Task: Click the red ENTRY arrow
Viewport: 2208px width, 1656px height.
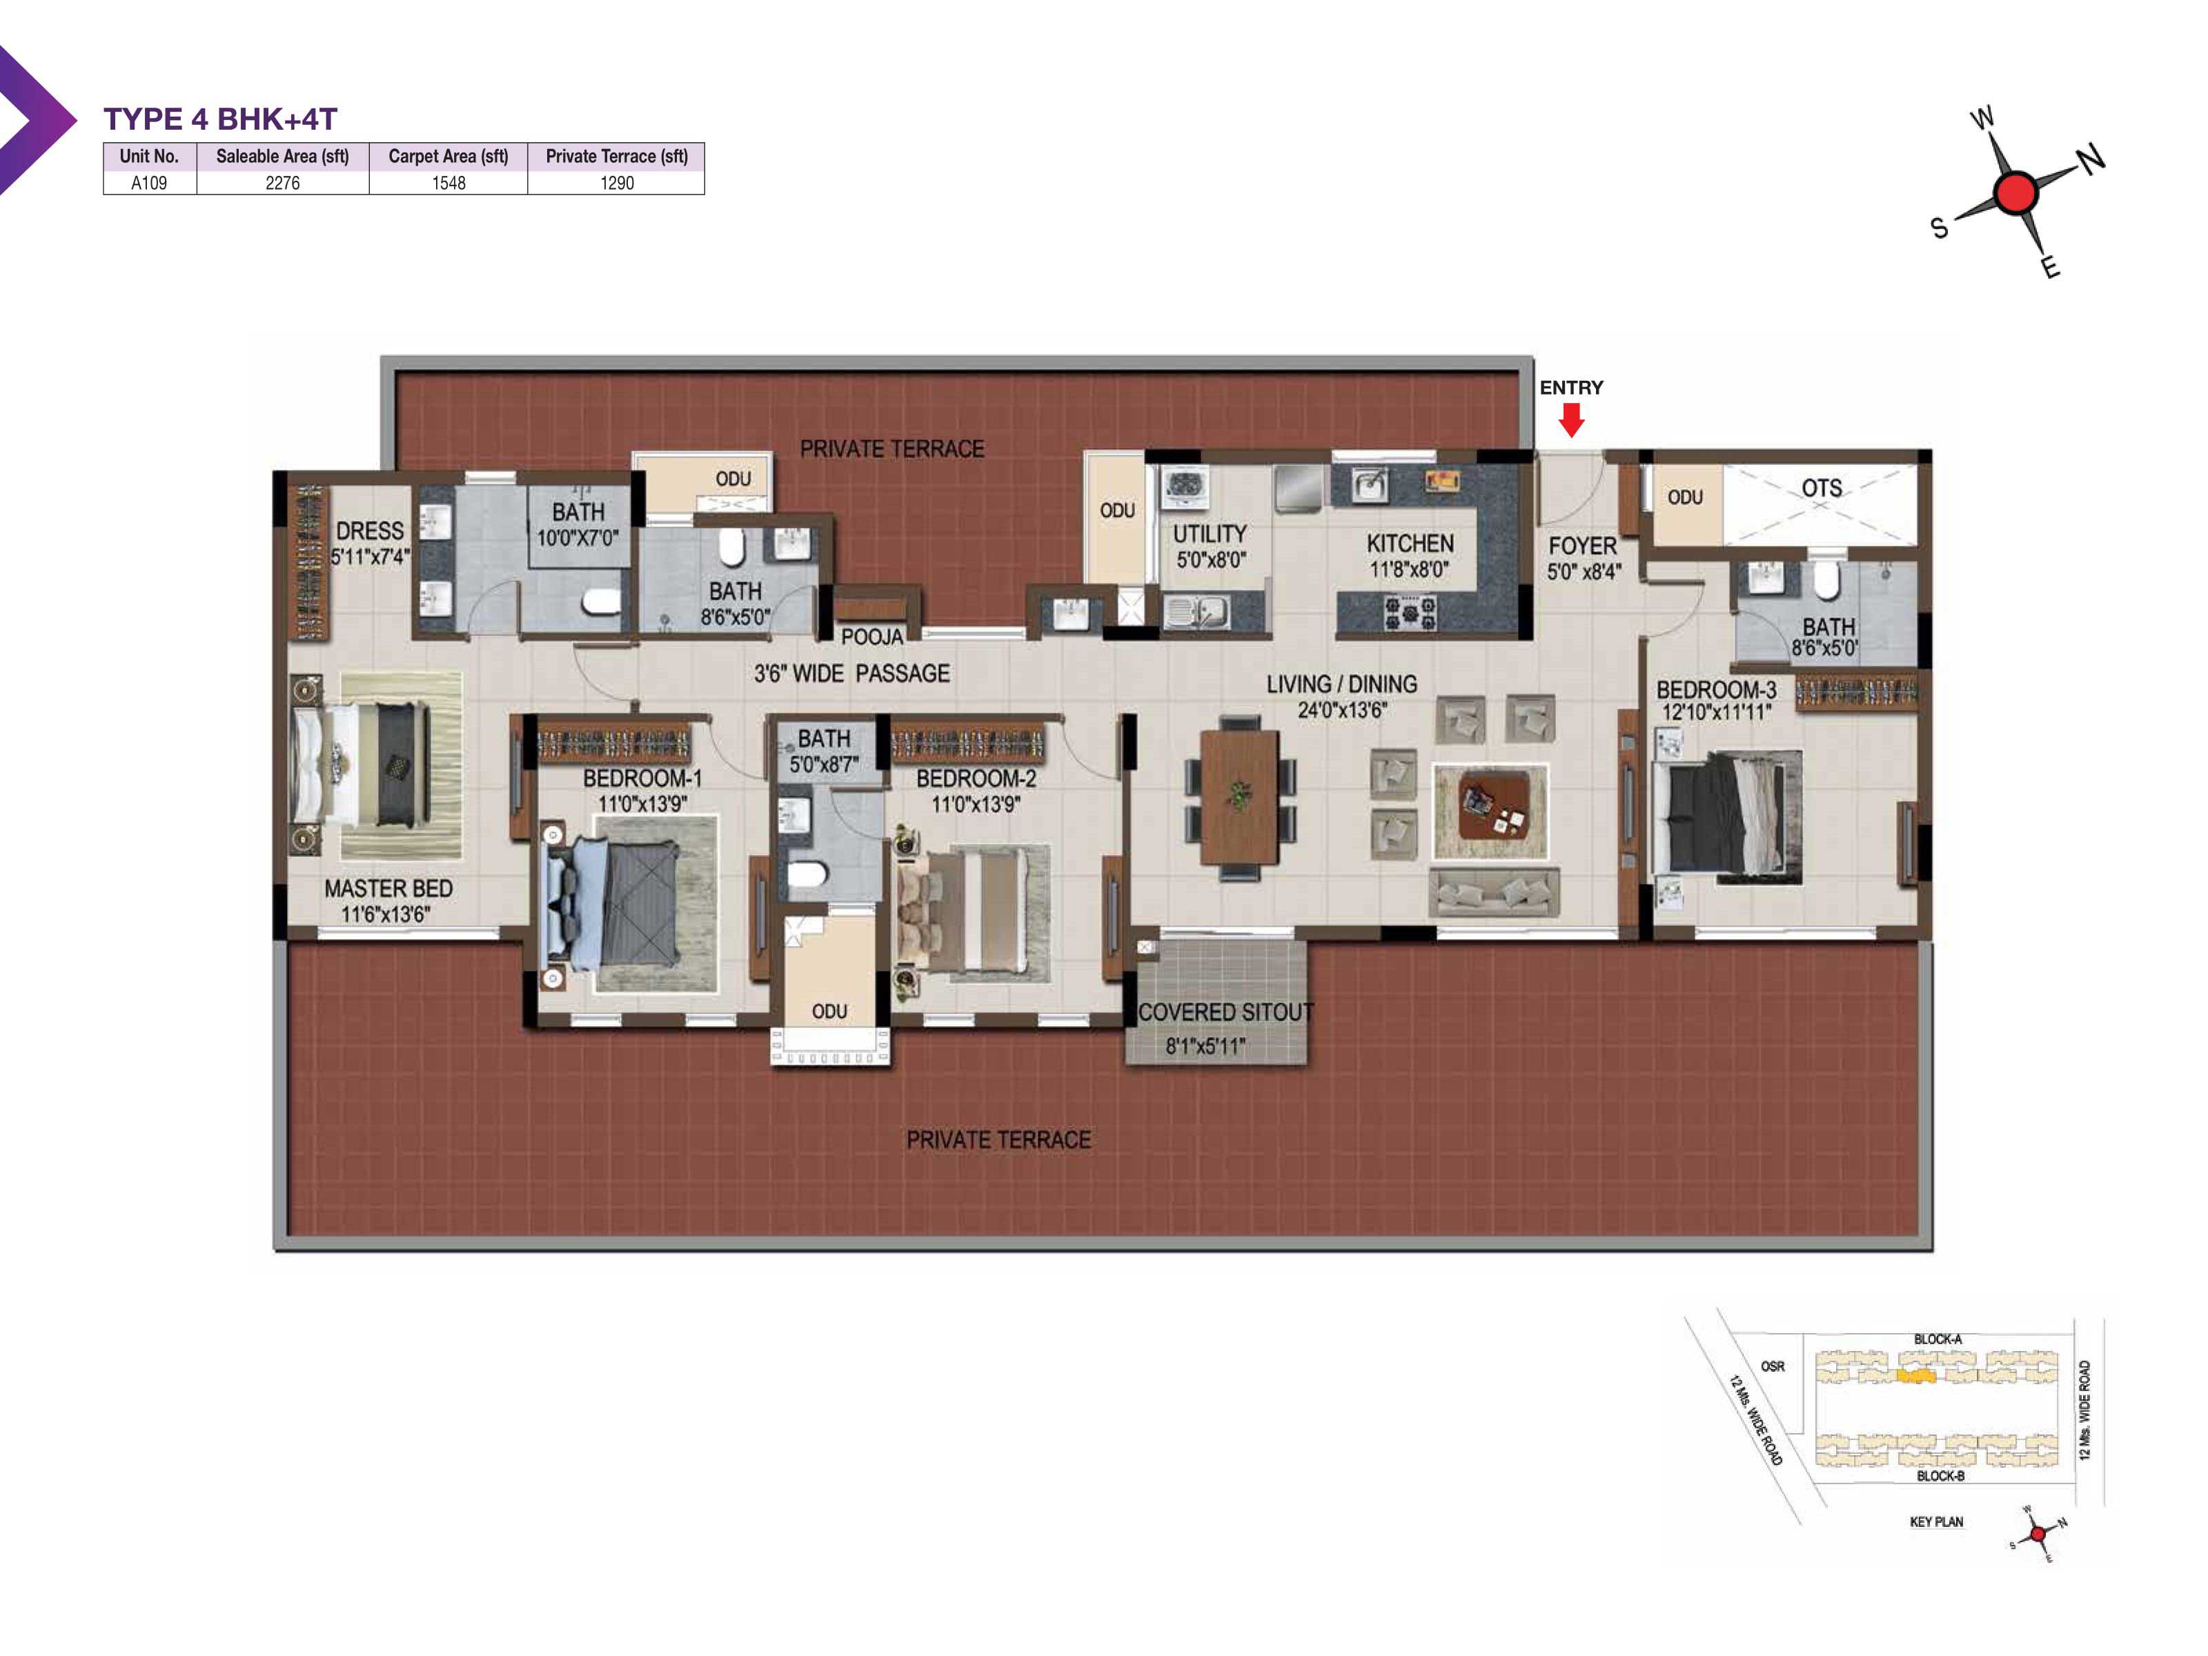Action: (1571, 420)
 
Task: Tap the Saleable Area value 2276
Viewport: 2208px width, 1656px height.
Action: (282, 183)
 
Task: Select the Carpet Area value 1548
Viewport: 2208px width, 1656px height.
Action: (448, 183)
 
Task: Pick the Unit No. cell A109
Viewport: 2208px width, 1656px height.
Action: (149, 183)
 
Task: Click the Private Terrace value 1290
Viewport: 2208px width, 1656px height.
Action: (617, 183)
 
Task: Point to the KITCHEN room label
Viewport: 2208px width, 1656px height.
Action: (1410, 544)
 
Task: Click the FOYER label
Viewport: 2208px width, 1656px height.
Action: (1582, 546)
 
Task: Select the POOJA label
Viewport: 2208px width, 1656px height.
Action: (871, 637)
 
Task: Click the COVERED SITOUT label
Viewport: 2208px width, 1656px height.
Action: (1225, 1012)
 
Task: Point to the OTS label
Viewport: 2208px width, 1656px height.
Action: (1822, 488)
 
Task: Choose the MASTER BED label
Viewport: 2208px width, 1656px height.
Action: (388, 889)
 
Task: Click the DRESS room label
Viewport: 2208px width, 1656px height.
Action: (369, 531)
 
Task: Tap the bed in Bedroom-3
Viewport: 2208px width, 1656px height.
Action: (1727, 816)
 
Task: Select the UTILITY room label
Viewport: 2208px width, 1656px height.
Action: (1210, 534)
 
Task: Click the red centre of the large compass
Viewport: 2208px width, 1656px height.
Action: (2015, 193)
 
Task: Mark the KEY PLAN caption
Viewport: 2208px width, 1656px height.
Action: (1937, 1521)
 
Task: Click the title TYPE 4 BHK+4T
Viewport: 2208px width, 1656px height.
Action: (221, 119)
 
